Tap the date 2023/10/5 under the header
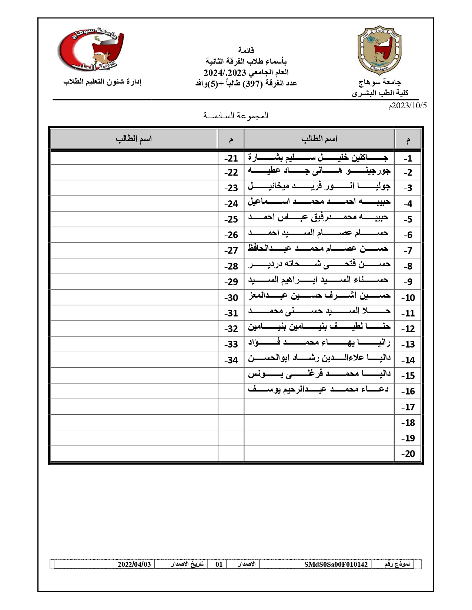pos(407,106)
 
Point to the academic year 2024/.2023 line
pos(246,72)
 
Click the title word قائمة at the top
pos(246,50)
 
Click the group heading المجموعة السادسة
pos(236,116)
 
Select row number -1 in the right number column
pos(408,158)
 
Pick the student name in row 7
pos(318,248)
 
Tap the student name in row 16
pos(318,389)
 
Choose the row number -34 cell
pos(231,360)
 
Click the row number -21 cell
pos(231,158)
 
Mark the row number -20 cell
pos(408,454)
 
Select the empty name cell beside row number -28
pos(134,266)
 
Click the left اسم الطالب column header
pos(134,139)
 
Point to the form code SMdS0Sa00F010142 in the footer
pos(336,564)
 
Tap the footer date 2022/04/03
pos(134,564)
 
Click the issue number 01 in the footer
pos(219,564)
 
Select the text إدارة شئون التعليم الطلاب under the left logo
pos(102,82)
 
